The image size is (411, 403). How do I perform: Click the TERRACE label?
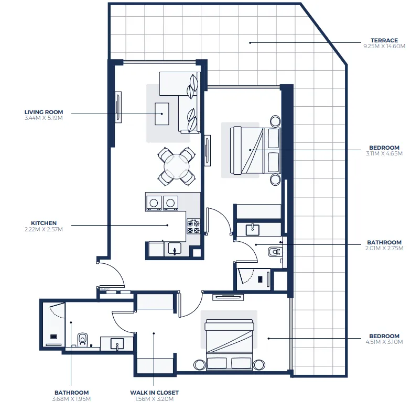pyautogui.click(x=384, y=40)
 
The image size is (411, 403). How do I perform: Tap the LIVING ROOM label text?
pyautogui.click(x=44, y=112)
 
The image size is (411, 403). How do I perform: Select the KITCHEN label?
pyautogui.click(x=44, y=223)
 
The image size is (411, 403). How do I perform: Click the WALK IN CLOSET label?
pyautogui.click(x=154, y=393)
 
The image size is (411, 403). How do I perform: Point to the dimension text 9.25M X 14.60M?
pyautogui.click(x=384, y=47)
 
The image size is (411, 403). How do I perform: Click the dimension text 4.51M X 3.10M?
pyautogui.click(x=384, y=342)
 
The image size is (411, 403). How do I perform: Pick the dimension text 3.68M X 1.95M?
pyautogui.click(x=71, y=398)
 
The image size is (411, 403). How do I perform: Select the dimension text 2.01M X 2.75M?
pyautogui.click(x=384, y=249)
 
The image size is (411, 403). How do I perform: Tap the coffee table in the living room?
pyautogui.click(x=161, y=114)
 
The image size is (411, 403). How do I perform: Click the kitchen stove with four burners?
pyautogui.click(x=193, y=227)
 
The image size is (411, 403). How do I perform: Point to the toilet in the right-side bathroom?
pyautogui.click(x=274, y=252)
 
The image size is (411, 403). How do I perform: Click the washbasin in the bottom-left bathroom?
pyautogui.click(x=116, y=343)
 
